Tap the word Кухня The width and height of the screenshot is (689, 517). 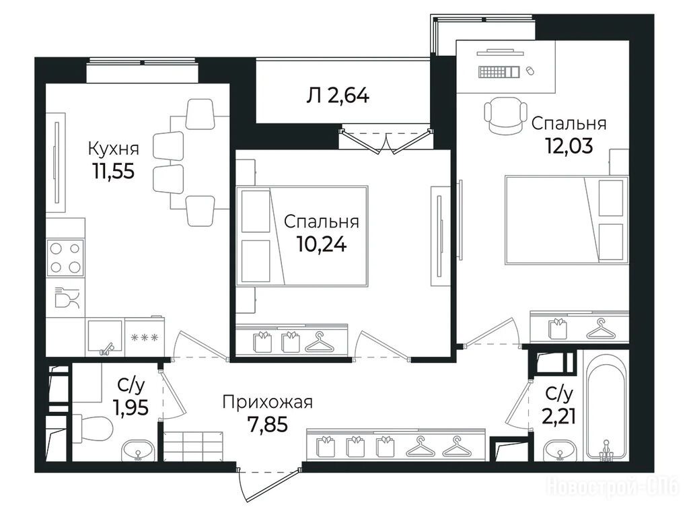[114, 149]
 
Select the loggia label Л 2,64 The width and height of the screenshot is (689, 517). [338, 95]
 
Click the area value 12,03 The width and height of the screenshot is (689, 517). [569, 145]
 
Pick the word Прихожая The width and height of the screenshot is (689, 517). [267, 403]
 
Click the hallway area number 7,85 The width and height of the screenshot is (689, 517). [267, 424]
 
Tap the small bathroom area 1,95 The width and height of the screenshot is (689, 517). [130, 407]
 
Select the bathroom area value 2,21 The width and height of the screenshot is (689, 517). [558, 415]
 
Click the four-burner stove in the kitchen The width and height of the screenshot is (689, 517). [65, 258]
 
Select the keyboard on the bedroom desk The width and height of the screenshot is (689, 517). [499, 71]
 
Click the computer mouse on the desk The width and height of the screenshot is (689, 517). [530, 70]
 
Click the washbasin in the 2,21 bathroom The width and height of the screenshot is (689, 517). [560, 450]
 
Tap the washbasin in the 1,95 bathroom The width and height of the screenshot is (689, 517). [138, 450]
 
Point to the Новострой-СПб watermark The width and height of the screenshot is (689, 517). [612, 486]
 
